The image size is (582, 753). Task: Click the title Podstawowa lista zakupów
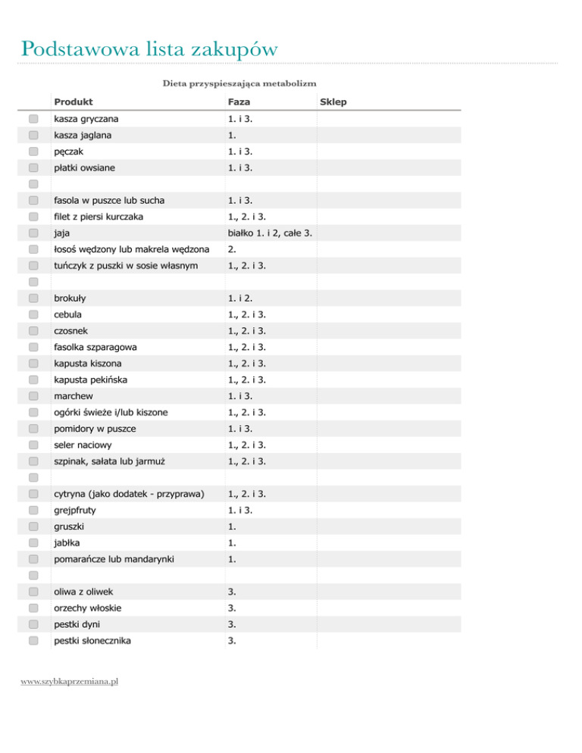pyautogui.click(x=149, y=49)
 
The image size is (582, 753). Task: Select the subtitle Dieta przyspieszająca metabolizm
pyautogui.click(x=239, y=83)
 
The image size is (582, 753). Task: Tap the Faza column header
pyautogui.click(x=239, y=102)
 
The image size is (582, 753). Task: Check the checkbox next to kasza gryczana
pyautogui.click(x=33, y=119)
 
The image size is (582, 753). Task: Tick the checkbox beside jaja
pyautogui.click(x=33, y=233)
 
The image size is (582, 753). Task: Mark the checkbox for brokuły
pyautogui.click(x=33, y=298)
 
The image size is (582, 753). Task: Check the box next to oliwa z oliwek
pyautogui.click(x=33, y=592)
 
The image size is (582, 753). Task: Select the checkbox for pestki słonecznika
pyautogui.click(x=33, y=641)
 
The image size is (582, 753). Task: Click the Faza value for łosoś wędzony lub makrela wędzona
pyautogui.click(x=232, y=249)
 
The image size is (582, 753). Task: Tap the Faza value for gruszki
pyautogui.click(x=231, y=526)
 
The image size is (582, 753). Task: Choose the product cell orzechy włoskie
pyautogui.click(x=87, y=608)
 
